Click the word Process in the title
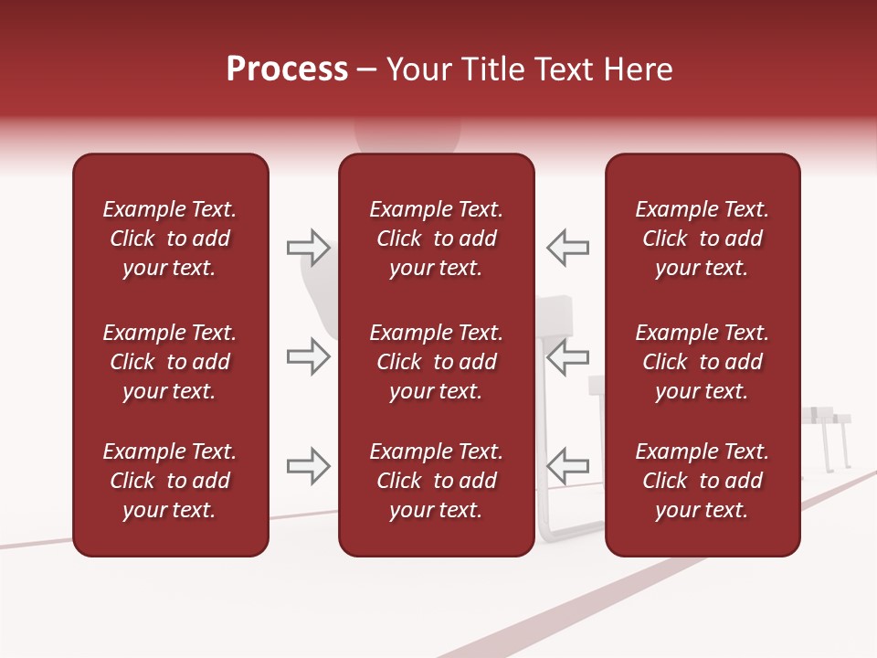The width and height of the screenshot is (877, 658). point(287,69)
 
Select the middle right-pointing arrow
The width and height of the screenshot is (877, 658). point(309,356)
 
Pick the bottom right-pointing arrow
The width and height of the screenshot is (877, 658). point(309,466)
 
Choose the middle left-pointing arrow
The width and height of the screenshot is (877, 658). point(567,356)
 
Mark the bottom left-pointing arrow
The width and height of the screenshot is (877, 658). point(567,466)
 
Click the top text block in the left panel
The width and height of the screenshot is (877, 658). point(170,239)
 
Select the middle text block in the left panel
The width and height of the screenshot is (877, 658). point(170,362)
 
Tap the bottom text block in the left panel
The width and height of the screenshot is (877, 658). point(170,481)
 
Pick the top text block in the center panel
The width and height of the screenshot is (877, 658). point(436,239)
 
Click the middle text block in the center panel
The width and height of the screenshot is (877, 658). point(436,362)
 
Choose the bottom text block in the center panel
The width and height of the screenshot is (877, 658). point(436,481)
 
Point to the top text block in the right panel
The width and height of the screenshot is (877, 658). point(702,239)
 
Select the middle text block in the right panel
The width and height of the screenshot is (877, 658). point(702,362)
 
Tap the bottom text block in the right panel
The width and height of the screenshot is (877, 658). point(702,481)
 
